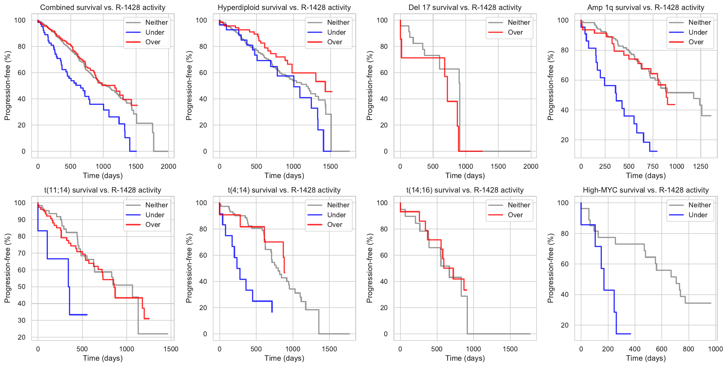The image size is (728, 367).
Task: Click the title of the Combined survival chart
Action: tap(103, 8)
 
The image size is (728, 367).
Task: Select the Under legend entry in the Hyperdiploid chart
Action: tap(336, 32)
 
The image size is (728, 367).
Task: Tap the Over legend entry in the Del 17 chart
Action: tap(515, 32)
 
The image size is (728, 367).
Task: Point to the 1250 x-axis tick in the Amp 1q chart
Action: tap(701, 166)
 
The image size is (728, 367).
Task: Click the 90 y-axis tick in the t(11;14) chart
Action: tap(21, 220)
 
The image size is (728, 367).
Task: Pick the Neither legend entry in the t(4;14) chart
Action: tap(338, 205)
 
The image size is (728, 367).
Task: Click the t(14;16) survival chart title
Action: tap(465, 190)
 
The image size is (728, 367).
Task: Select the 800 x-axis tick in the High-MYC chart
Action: tap(689, 349)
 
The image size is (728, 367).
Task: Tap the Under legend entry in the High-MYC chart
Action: tap(698, 215)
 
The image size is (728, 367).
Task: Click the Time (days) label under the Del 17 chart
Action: tap(465, 176)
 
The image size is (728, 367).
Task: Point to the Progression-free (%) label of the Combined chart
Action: tap(7, 86)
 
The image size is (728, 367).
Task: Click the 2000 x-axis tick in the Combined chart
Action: tap(168, 166)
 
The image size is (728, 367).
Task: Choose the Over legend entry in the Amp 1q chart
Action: tap(696, 42)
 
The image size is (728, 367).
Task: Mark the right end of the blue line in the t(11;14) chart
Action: tap(87, 315)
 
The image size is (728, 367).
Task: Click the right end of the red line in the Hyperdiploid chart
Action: tap(332, 92)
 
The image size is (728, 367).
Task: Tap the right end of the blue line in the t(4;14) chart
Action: tap(272, 312)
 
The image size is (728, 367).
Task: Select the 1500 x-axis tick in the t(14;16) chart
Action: tap(510, 349)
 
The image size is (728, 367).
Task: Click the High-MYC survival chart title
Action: tap(646, 190)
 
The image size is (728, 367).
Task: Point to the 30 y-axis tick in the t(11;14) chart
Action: tap(21, 320)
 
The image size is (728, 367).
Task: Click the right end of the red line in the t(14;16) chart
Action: tap(466, 290)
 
